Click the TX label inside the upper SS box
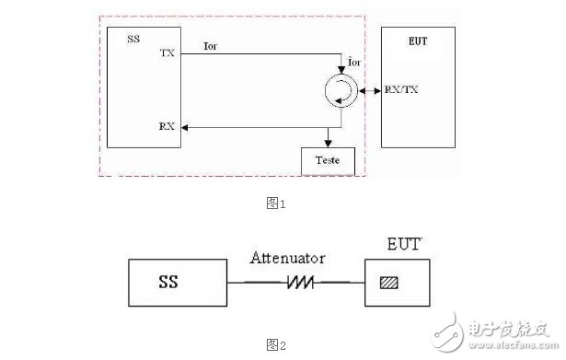click(x=167, y=54)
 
